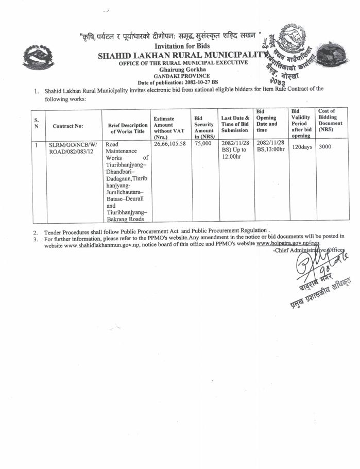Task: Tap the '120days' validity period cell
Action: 302,147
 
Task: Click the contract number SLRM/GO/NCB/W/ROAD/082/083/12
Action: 73,148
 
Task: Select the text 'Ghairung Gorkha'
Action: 182,69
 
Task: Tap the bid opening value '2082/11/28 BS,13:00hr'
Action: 270,147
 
